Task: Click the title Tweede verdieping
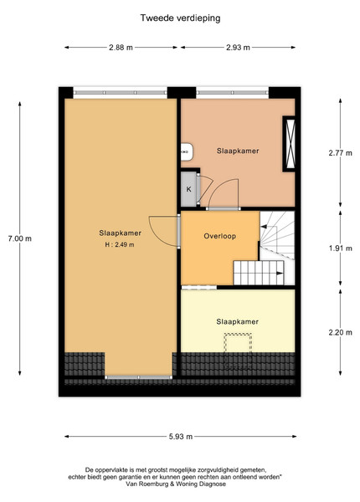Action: pyautogui.click(x=180, y=18)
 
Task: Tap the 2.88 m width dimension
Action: pyautogui.click(x=121, y=48)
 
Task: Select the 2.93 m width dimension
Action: pyautogui.click(x=238, y=48)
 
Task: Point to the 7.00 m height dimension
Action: pyautogui.click(x=20, y=238)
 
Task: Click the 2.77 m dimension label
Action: pyautogui.click(x=340, y=153)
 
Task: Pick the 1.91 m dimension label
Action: pyautogui.click(x=340, y=248)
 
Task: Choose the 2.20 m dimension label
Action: pyautogui.click(x=340, y=332)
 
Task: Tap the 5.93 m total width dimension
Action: pyautogui.click(x=181, y=437)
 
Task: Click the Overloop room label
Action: pyautogui.click(x=220, y=236)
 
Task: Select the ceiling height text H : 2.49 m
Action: pyautogui.click(x=120, y=245)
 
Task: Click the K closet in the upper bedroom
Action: pyautogui.click(x=189, y=189)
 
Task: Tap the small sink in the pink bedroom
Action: pyautogui.click(x=187, y=152)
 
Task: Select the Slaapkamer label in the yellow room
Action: pyautogui.click(x=237, y=322)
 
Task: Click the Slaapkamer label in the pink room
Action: pyautogui.click(x=238, y=151)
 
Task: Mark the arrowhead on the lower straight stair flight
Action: pyautogui.click(x=280, y=273)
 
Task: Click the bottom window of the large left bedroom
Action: pyautogui.click(x=139, y=377)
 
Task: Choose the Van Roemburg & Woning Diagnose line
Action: pyautogui.click(x=176, y=484)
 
